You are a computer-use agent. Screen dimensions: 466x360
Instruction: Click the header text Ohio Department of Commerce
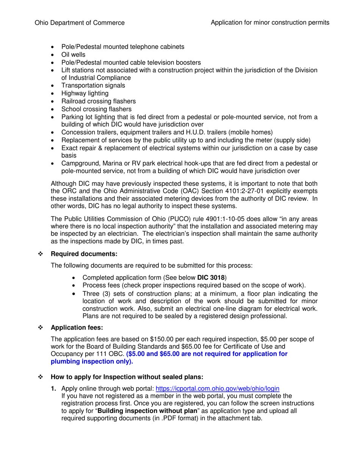click(80, 23)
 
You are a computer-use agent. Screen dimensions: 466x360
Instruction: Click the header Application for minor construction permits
click(270, 23)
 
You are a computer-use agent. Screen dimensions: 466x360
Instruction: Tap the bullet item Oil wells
click(73, 55)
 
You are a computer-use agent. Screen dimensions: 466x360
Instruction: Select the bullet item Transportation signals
click(93, 86)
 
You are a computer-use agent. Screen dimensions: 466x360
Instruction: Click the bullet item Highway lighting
click(85, 94)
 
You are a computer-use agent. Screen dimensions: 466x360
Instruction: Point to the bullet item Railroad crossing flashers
click(99, 101)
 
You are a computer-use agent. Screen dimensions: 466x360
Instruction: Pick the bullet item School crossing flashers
click(96, 109)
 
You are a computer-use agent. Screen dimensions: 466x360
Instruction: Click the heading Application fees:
click(77, 327)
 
